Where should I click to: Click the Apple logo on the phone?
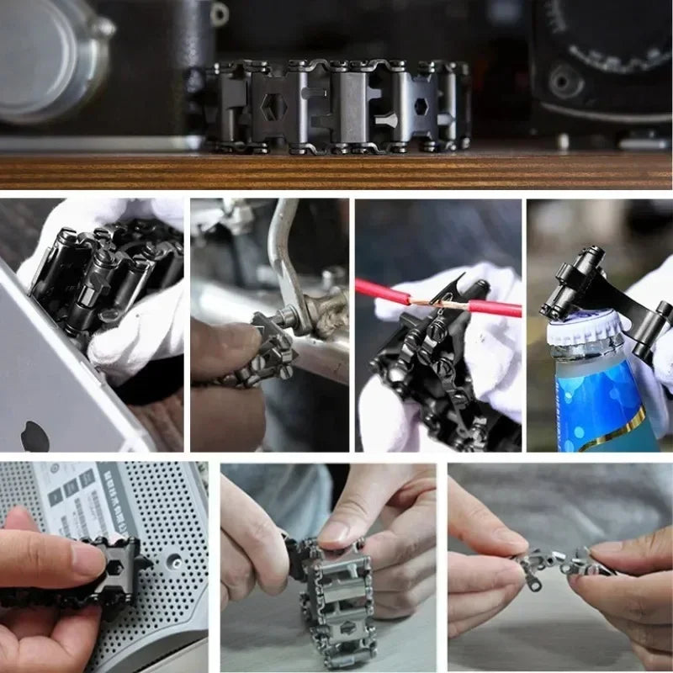[34, 436]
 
